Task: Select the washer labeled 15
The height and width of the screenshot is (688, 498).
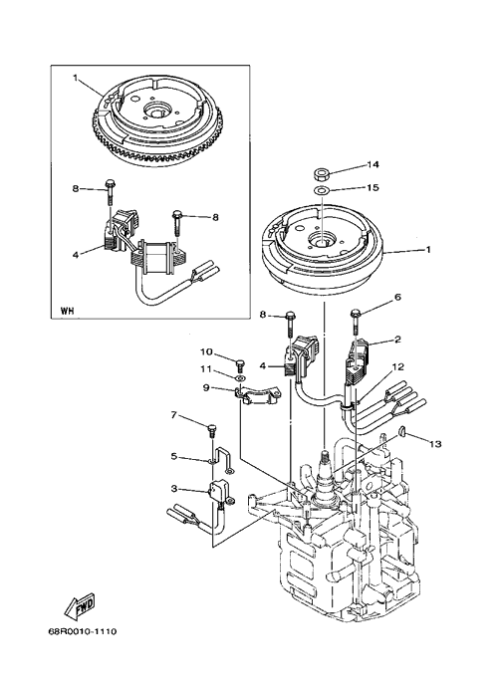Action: click(x=322, y=190)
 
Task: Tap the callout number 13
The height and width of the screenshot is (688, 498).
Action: click(x=435, y=444)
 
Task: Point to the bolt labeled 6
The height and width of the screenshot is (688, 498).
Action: click(x=356, y=324)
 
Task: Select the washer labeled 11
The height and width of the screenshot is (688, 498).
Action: click(x=240, y=377)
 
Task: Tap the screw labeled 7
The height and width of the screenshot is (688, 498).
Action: click(x=211, y=430)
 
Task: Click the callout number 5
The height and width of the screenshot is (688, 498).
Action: click(x=174, y=456)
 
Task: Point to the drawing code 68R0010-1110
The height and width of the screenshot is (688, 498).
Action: click(x=83, y=632)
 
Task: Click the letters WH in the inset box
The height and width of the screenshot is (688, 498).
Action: click(x=67, y=312)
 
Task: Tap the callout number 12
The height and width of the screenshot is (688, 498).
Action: click(x=398, y=366)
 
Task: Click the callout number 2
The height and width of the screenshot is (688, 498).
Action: click(x=398, y=340)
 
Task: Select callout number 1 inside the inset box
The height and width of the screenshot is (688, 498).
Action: click(x=76, y=78)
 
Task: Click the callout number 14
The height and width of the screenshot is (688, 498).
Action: click(x=373, y=165)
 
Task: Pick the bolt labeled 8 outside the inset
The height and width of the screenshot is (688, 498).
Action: click(x=290, y=326)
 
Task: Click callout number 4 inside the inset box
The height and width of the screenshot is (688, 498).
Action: click(x=76, y=254)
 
